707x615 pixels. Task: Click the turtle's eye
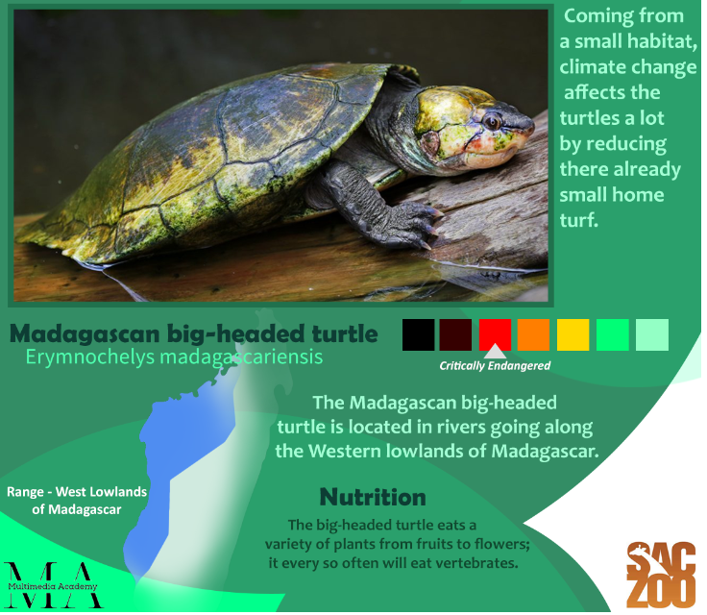point(492,121)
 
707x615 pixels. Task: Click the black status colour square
point(419,334)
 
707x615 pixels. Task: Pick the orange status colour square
point(533,334)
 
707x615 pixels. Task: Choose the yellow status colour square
point(573,334)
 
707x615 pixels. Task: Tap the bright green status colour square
point(612,334)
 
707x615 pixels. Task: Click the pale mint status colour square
point(652,334)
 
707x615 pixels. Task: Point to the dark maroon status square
point(456,334)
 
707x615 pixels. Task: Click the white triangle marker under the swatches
point(495,353)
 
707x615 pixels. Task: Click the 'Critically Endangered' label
point(495,366)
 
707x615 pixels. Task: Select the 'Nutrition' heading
point(373,497)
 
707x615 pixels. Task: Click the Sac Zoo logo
point(661,575)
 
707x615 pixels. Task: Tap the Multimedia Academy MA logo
point(52,585)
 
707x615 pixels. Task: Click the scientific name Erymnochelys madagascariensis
point(174,357)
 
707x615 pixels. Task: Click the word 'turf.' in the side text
point(579,221)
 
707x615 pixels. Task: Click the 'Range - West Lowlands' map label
point(77,492)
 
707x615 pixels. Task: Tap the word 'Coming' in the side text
point(592,16)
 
